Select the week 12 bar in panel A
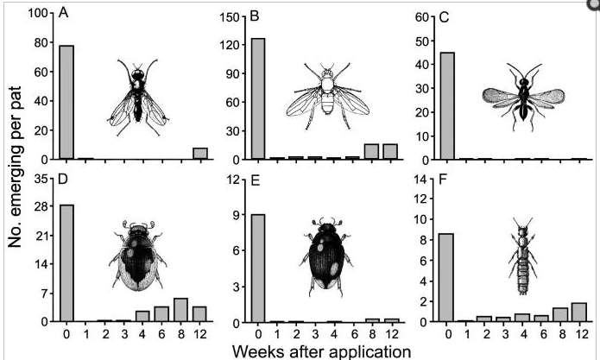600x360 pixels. point(200,154)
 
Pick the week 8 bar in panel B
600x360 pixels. point(371,151)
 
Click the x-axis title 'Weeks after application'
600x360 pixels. point(303,351)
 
